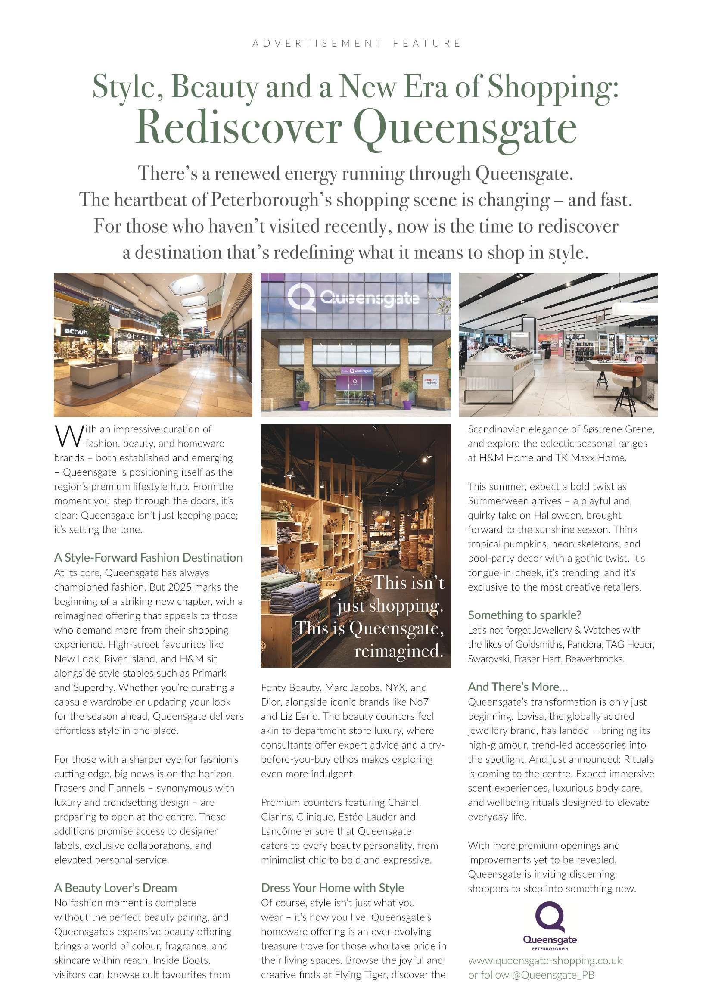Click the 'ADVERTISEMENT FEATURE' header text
click(x=356, y=44)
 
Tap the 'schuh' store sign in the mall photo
click(x=76, y=332)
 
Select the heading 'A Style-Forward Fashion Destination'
click(x=148, y=557)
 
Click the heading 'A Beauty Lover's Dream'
click(x=115, y=888)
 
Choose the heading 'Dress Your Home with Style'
click(x=333, y=888)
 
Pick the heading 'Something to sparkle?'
click(x=524, y=615)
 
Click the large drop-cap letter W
click(x=64, y=435)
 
